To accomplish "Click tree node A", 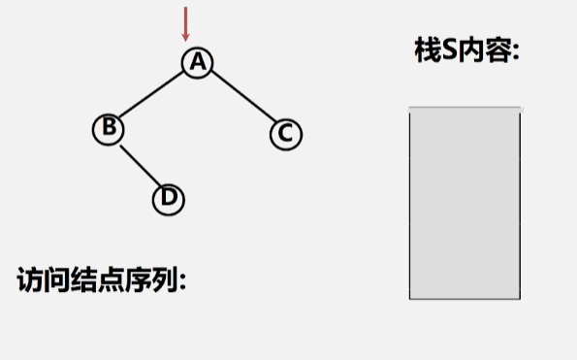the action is click(x=198, y=62).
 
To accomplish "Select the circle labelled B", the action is click(x=109, y=127).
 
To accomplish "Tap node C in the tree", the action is click(x=285, y=133).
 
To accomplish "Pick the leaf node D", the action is click(x=169, y=198).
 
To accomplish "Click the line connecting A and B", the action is click(x=153, y=95).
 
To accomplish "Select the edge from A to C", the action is click(x=241, y=97).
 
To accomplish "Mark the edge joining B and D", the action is click(x=139, y=163).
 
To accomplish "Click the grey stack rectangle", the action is click(x=465, y=203).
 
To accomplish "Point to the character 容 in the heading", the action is click(x=496, y=51).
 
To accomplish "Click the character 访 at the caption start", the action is click(x=29, y=279).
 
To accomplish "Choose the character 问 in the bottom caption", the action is click(x=56, y=279).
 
